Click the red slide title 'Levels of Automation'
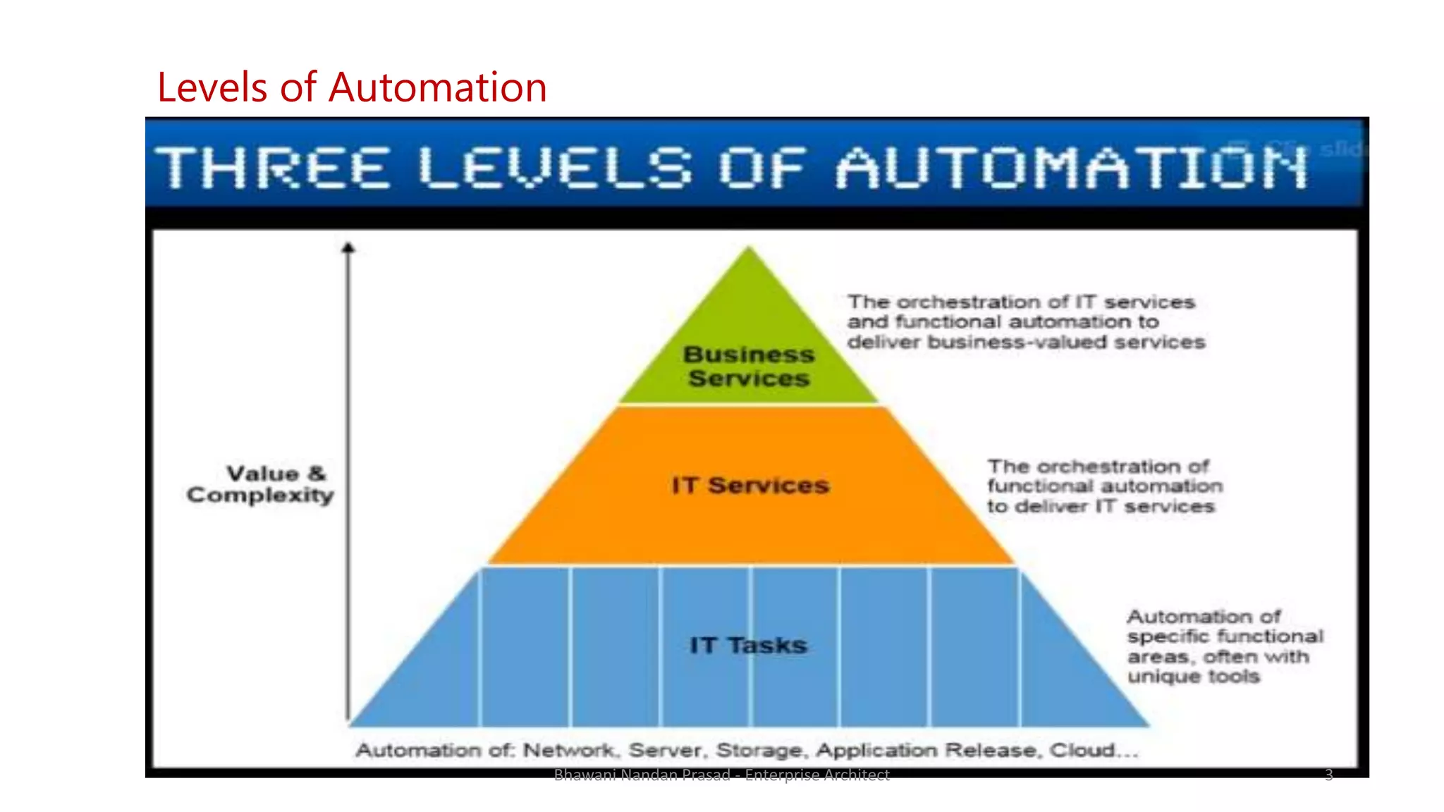click(x=351, y=87)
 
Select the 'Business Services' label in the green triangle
click(x=749, y=367)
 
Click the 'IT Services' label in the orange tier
click(x=750, y=486)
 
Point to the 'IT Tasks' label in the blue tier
click(x=748, y=645)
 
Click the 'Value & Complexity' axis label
click(x=260, y=484)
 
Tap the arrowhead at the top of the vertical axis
click(x=348, y=248)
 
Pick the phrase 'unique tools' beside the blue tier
click(x=1193, y=677)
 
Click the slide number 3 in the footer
click(x=1328, y=775)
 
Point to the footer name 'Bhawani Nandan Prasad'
click(x=642, y=775)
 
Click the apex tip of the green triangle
click(x=749, y=248)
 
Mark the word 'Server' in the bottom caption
click(x=665, y=751)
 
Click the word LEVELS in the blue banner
click(x=555, y=168)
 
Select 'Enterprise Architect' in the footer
click(x=817, y=775)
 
